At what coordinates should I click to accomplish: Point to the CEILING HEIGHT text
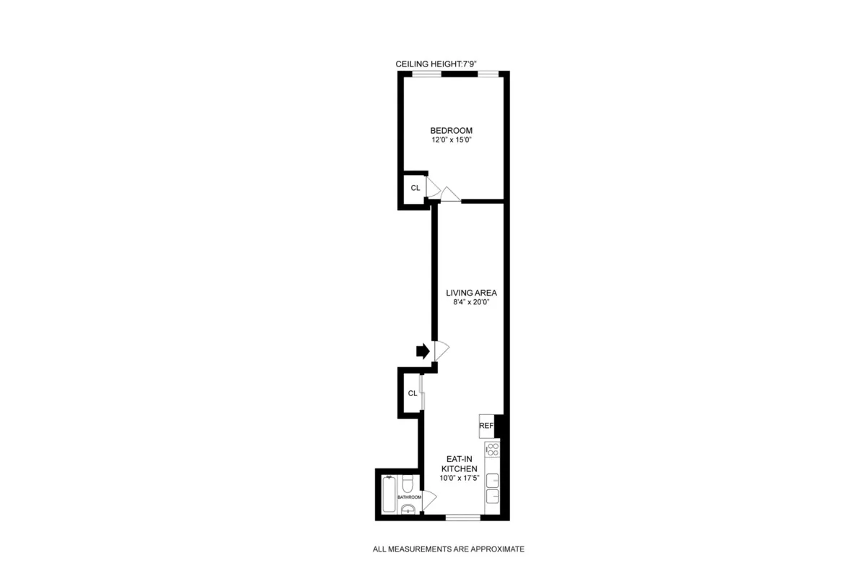[436, 64]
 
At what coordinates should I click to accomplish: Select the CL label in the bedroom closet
[415, 188]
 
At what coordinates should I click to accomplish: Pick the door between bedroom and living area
[450, 194]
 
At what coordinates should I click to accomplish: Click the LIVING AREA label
[472, 292]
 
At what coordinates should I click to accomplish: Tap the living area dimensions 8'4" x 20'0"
[472, 302]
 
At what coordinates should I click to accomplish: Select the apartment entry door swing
[441, 351]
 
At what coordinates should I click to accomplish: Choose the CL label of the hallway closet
[412, 393]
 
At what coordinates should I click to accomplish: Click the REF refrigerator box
[486, 426]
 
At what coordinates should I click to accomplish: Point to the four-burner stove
[492, 450]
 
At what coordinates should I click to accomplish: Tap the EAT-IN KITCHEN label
[460, 463]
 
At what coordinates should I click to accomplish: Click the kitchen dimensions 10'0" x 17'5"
[460, 479]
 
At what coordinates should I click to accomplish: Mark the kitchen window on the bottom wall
[462, 517]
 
